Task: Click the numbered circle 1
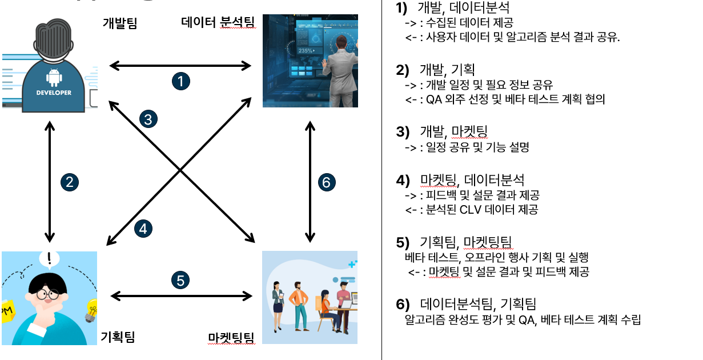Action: pos(180,81)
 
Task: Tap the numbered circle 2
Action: pos(69,182)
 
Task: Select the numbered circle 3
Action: pos(148,119)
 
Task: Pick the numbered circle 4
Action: pos(143,229)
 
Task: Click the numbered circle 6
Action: pos(326,182)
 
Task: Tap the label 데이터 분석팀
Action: pos(218,23)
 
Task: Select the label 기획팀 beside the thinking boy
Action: pos(117,337)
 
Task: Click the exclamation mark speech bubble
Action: pos(49,259)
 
